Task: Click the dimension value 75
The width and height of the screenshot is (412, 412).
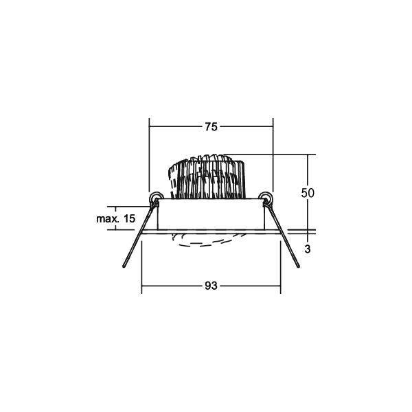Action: pos(211,127)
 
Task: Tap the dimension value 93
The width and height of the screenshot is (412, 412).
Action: pos(211,286)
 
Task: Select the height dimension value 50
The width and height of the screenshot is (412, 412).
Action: pos(308,193)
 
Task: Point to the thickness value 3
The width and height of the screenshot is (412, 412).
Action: pos(308,249)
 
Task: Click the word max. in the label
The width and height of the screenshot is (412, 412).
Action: pos(107,218)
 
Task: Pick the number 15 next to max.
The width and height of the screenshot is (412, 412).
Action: pos(129,218)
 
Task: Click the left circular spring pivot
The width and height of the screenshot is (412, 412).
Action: pos(156,197)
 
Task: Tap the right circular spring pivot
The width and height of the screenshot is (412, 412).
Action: pos(265,197)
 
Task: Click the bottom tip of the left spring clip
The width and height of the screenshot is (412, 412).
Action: pos(124,266)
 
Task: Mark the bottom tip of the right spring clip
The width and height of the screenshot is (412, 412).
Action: pos(298,266)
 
